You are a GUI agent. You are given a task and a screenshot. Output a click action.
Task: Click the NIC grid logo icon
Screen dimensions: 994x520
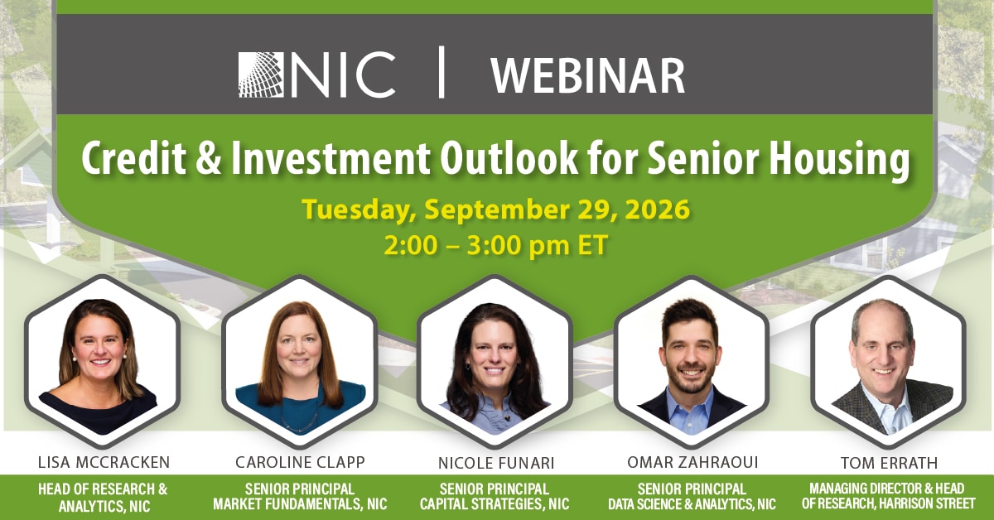click(261, 75)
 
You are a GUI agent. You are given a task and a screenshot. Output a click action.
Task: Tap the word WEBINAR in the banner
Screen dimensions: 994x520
click(588, 76)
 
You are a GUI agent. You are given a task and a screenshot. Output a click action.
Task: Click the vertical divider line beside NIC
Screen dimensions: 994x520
click(441, 72)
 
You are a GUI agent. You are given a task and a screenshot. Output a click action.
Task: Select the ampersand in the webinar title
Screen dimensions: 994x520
click(208, 158)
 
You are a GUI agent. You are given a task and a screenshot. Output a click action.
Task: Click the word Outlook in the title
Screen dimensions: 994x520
click(509, 158)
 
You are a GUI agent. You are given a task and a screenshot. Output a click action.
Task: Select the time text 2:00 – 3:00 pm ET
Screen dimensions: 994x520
click(495, 245)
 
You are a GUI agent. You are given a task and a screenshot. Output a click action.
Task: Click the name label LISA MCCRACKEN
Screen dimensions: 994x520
click(104, 462)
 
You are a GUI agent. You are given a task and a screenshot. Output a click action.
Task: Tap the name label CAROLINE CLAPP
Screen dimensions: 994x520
click(300, 462)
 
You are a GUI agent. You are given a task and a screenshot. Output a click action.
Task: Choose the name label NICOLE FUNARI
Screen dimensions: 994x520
click(496, 463)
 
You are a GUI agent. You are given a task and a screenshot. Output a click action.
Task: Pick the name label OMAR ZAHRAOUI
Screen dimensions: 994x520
click(692, 462)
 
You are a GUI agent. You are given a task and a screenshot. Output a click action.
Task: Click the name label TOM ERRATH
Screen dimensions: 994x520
click(890, 463)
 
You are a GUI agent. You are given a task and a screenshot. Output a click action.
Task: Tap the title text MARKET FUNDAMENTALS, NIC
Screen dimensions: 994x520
click(300, 504)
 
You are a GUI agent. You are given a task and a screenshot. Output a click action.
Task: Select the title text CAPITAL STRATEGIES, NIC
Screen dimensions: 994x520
click(495, 504)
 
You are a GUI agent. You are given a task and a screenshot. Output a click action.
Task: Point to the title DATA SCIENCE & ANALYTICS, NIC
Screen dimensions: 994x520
click(692, 504)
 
